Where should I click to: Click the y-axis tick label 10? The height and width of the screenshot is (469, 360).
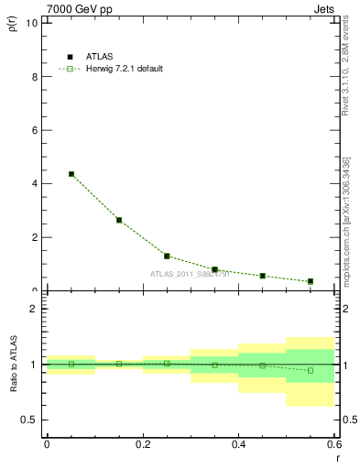pos(32,23)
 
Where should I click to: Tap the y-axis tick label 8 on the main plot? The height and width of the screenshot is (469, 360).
pos(34,77)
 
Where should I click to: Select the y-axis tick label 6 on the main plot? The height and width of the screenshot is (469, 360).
pos(34,130)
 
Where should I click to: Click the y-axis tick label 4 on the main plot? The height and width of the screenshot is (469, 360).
pos(34,183)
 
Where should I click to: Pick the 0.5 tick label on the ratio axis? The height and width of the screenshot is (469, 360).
pos(30,420)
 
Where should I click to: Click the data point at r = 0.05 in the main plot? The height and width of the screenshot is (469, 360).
pos(71,174)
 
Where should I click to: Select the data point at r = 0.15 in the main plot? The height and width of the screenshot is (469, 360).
pos(119,220)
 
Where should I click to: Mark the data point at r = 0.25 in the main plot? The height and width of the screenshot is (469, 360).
pos(167,256)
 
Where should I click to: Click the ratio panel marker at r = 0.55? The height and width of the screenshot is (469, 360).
pos(311,370)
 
